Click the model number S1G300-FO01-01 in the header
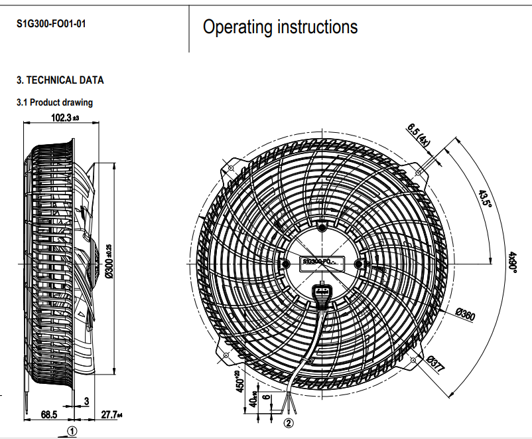click(x=51, y=24)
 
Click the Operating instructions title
click(x=280, y=27)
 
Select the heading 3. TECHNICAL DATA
click(x=60, y=80)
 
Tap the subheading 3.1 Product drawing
click(x=54, y=102)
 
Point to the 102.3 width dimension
click(x=64, y=118)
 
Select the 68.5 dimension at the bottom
click(x=49, y=414)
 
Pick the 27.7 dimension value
click(x=109, y=414)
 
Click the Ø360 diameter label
click(x=466, y=315)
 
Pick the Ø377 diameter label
click(x=436, y=365)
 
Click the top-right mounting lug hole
click(x=419, y=171)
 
